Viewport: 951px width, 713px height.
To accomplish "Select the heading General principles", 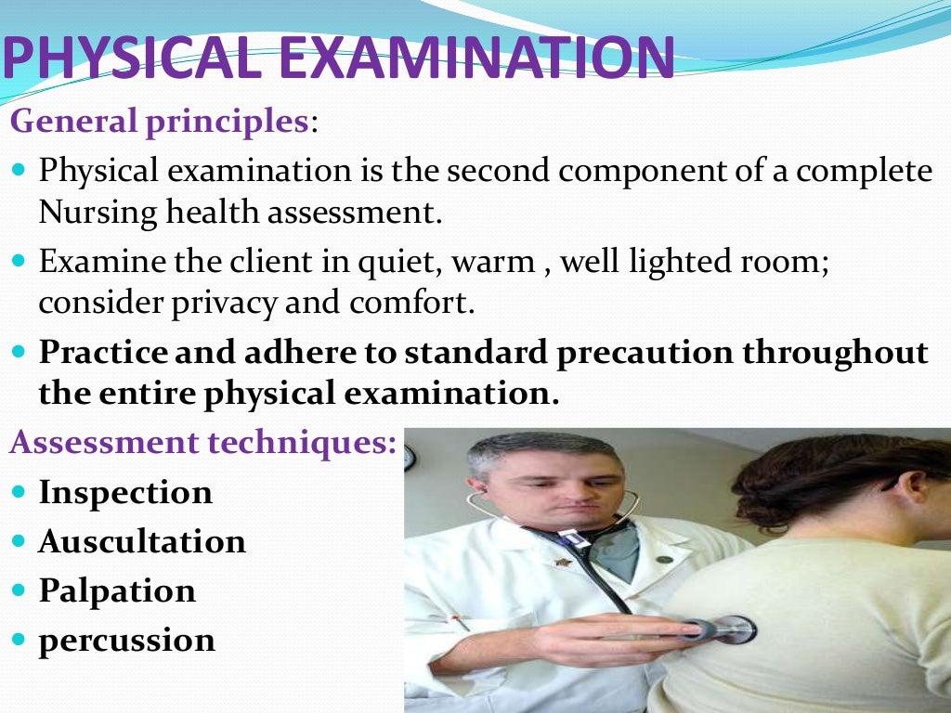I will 159,122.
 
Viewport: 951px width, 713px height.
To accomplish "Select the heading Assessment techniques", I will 203,442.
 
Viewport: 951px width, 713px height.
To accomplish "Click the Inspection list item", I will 125,492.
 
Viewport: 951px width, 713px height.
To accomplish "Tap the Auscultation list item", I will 142,541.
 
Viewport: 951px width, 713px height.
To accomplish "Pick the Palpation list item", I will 117,590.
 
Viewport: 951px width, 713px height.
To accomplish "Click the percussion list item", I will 126,641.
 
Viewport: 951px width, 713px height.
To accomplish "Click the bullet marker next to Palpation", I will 21,591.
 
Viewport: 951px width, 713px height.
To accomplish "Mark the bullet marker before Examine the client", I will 21,262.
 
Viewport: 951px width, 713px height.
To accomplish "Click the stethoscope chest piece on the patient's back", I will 733,629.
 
